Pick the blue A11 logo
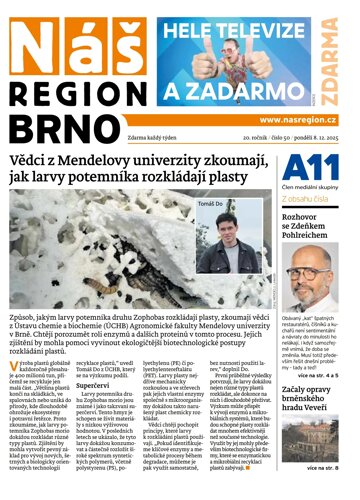pos(317,170)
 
